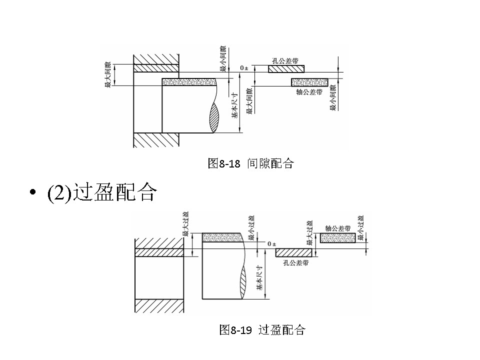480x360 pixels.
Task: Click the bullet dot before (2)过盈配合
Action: [x=33, y=193]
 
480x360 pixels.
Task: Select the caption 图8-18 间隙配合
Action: [x=250, y=163]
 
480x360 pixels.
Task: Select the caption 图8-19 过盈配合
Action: [x=262, y=330]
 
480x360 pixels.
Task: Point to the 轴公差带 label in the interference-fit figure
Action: [x=338, y=228]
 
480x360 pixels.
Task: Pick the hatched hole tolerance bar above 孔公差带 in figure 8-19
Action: [x=294, y=252]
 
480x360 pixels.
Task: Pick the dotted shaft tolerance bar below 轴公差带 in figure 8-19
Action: [x=338, y=238]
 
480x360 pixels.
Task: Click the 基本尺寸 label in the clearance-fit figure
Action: [x=235, y=107]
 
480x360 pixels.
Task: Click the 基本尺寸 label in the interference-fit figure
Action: [x=259, y=278]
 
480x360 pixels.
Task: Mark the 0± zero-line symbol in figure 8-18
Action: [x=244, y=67]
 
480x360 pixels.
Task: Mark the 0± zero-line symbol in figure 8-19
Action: [x=271, y=243]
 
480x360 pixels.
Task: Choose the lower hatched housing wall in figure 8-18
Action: [x=156, y=140]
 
